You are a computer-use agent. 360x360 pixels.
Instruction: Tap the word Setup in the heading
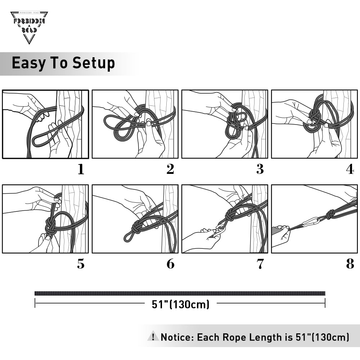94,63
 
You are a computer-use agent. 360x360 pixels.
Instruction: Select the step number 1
81,169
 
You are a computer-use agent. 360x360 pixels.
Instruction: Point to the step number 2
170,169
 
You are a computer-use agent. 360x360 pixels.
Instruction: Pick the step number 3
260,169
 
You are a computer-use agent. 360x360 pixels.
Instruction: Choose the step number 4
350,169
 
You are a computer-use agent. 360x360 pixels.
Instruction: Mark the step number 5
81,264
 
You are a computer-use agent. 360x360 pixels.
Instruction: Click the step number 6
170,264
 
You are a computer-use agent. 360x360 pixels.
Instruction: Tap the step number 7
260,264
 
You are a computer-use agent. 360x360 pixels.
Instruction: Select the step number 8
350,264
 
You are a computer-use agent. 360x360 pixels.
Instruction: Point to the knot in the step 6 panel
138,227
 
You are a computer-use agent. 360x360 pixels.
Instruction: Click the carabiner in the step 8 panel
311,221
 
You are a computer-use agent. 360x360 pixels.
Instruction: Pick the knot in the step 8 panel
330,215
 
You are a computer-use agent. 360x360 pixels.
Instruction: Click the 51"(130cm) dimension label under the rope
180,305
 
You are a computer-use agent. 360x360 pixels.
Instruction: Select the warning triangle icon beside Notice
153,336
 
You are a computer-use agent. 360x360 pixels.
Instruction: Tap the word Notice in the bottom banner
176,337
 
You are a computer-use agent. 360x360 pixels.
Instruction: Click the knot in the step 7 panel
230,215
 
